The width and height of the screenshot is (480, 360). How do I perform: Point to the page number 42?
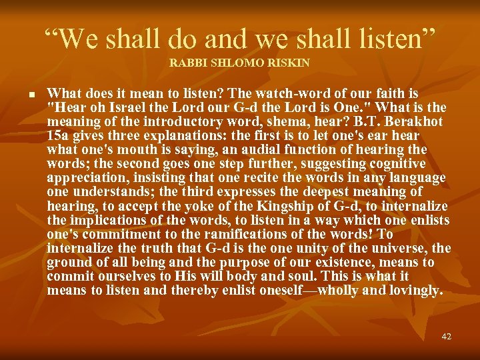(446, 337)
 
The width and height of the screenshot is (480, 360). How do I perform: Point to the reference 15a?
(59, 136)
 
